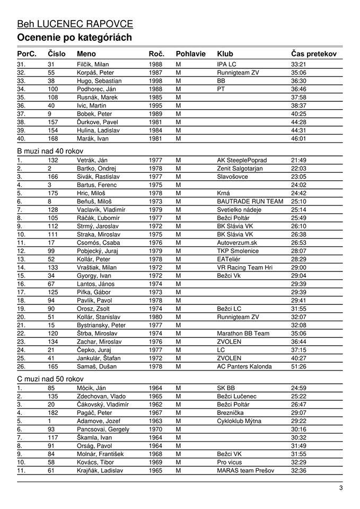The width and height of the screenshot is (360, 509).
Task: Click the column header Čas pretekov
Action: pos(313,54)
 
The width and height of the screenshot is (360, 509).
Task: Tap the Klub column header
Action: pos(225,54)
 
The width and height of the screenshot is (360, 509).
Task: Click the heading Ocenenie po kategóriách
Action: pos(74,37)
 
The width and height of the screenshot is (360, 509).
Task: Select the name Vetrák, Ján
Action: pos(92,160)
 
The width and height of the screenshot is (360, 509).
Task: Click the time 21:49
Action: pos(298,160)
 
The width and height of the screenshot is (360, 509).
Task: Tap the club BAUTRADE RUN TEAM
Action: pos(250,201)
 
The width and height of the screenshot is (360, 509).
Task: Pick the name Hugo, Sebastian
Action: pos(99,81)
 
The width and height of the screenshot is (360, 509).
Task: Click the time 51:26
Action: pos(298,366)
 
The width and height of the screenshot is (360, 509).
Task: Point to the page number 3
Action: pos(341,488)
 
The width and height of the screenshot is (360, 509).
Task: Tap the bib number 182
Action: pos(52,413)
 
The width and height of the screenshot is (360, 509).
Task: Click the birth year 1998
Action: pos(155,81)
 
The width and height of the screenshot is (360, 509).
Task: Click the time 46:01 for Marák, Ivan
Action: pos(298,139)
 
